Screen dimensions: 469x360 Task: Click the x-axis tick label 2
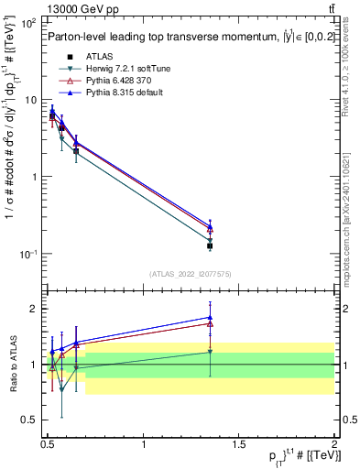coord(334,439)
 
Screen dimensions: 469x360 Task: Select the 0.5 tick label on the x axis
coord(49,439)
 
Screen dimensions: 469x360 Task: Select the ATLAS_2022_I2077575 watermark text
coord(191,274)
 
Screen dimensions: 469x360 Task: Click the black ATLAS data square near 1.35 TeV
coord(210,245)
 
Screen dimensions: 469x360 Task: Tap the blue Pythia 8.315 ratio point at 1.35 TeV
coord(210,317)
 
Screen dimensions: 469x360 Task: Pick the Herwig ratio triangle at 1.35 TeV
coord(210,352)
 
